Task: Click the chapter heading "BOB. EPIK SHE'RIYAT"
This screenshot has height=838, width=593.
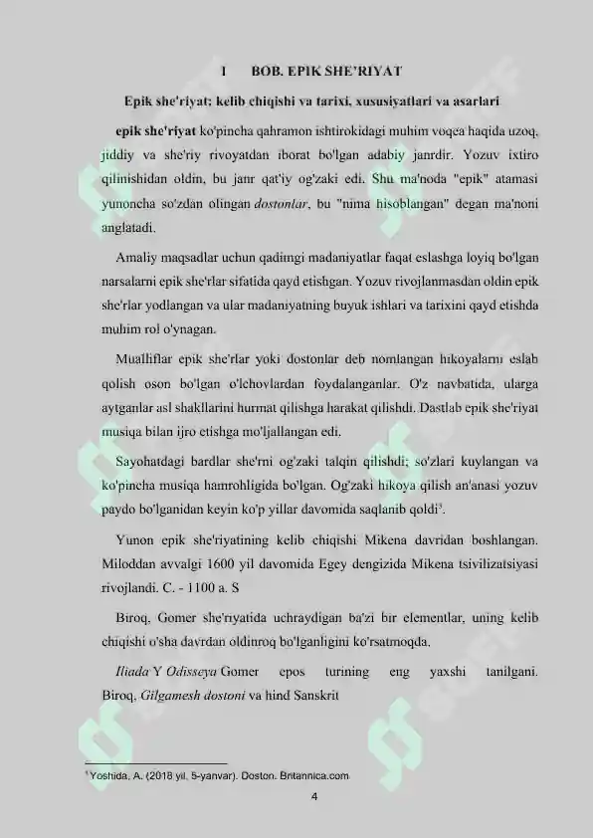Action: point(326,73)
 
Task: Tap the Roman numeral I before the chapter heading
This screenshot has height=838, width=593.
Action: point(226,73)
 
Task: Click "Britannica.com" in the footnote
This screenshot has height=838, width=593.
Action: point(313,773)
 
